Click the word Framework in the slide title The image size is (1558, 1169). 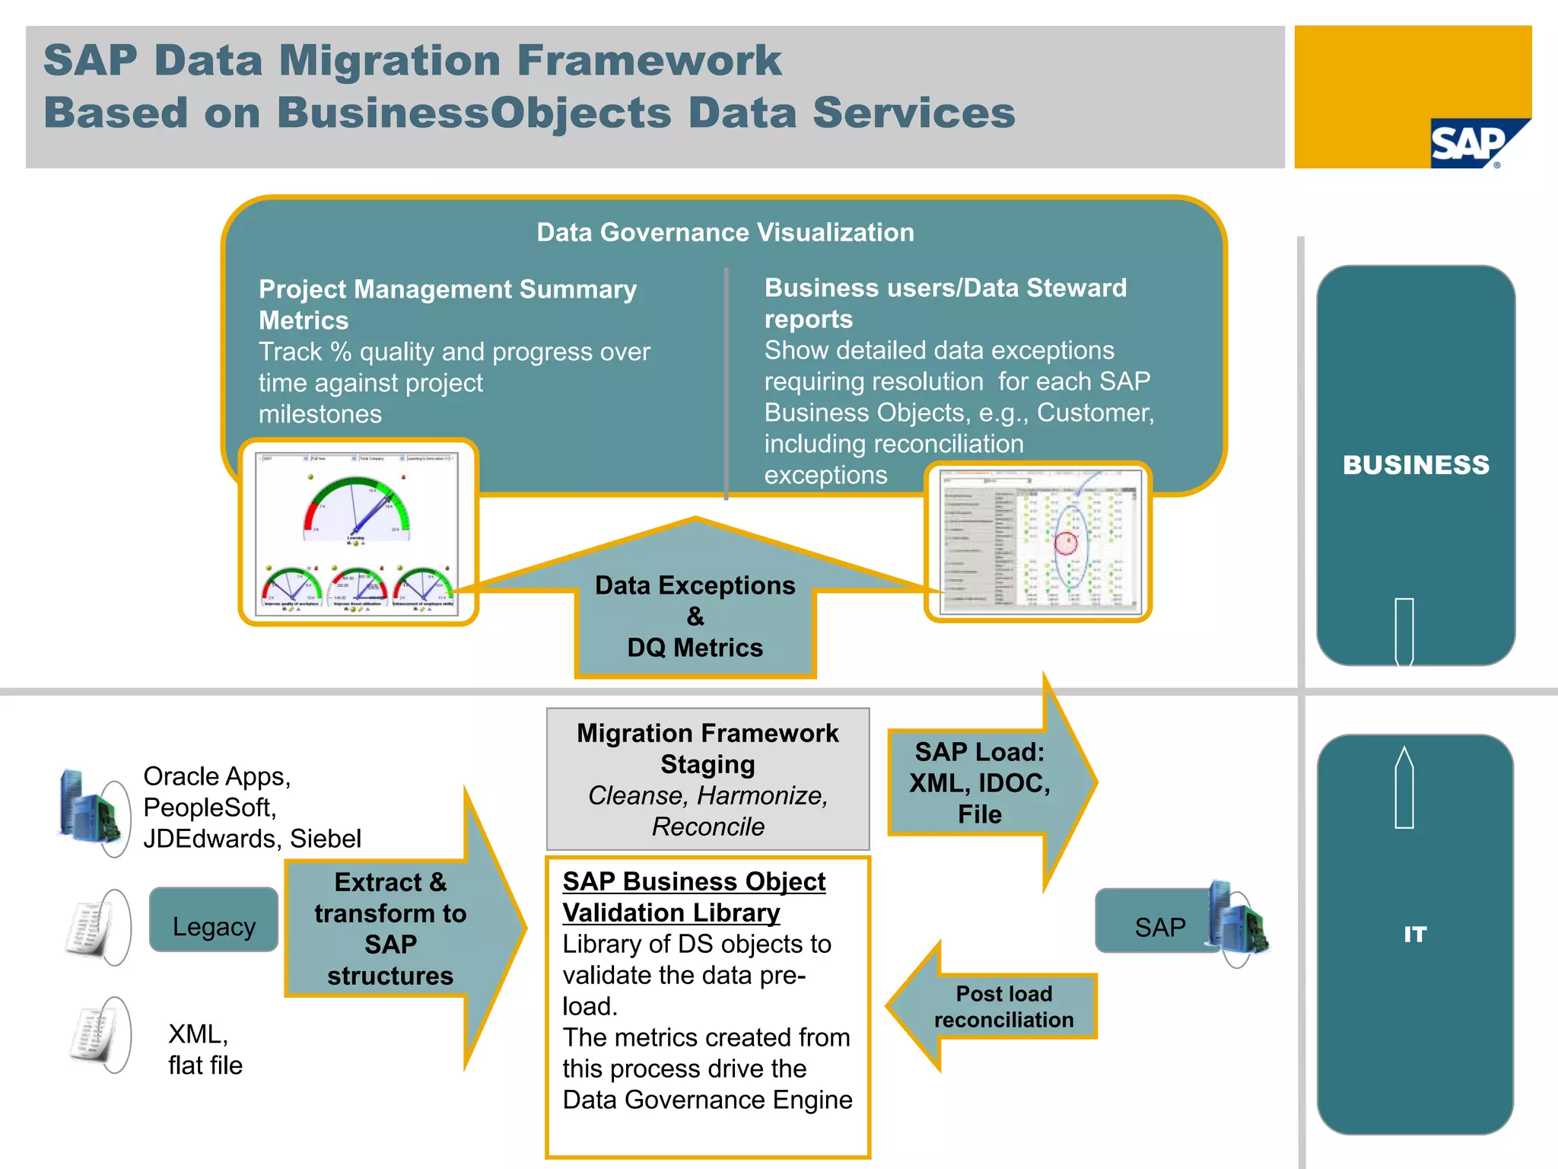tap(649, 60)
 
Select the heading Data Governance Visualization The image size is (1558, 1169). tap(725, 232)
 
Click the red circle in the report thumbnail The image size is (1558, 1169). tap(1066, 543)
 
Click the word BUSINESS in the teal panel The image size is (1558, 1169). tap(1416, 465)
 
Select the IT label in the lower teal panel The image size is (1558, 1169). tap(1414, 935)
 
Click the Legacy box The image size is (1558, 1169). tap(214, 926)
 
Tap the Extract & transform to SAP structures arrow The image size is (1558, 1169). tap(391, 929)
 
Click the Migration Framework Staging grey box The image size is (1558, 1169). tap(707, 779)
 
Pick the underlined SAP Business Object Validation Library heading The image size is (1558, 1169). tap(693, 897)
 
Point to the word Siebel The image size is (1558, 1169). tap(325, 839)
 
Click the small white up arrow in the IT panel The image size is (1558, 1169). tap(1404, 787)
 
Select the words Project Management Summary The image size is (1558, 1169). tap(447, 289)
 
